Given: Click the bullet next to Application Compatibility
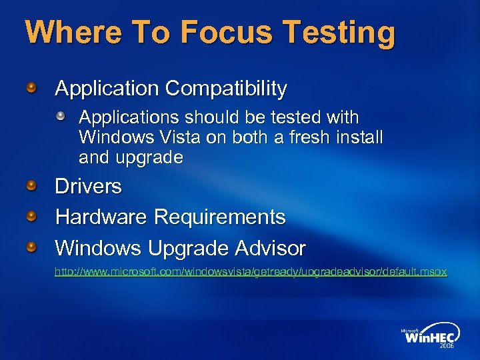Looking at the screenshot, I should [32, 88].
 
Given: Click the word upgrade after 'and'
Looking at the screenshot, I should [149, 158].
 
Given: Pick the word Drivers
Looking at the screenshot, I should [88, 186].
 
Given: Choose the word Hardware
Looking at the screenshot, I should [101, 217].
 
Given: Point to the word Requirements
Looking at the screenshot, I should [220, 217].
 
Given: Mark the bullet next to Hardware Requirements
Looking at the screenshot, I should [32, 217].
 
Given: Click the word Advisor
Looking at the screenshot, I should [270, 248].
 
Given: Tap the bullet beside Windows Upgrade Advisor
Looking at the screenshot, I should [32, 248].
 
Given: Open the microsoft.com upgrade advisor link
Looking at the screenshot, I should [251, 272].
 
